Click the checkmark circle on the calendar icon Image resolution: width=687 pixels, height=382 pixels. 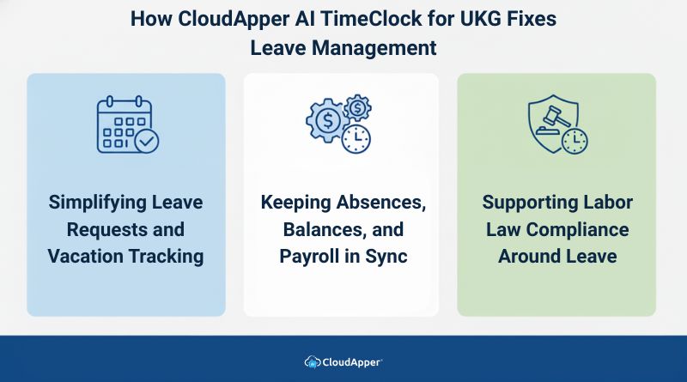pos(146,139)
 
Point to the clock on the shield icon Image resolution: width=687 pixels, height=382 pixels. pos(575,140)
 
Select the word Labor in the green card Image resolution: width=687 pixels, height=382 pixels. pos(608,203)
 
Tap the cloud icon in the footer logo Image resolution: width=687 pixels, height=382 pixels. pos(313,361)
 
